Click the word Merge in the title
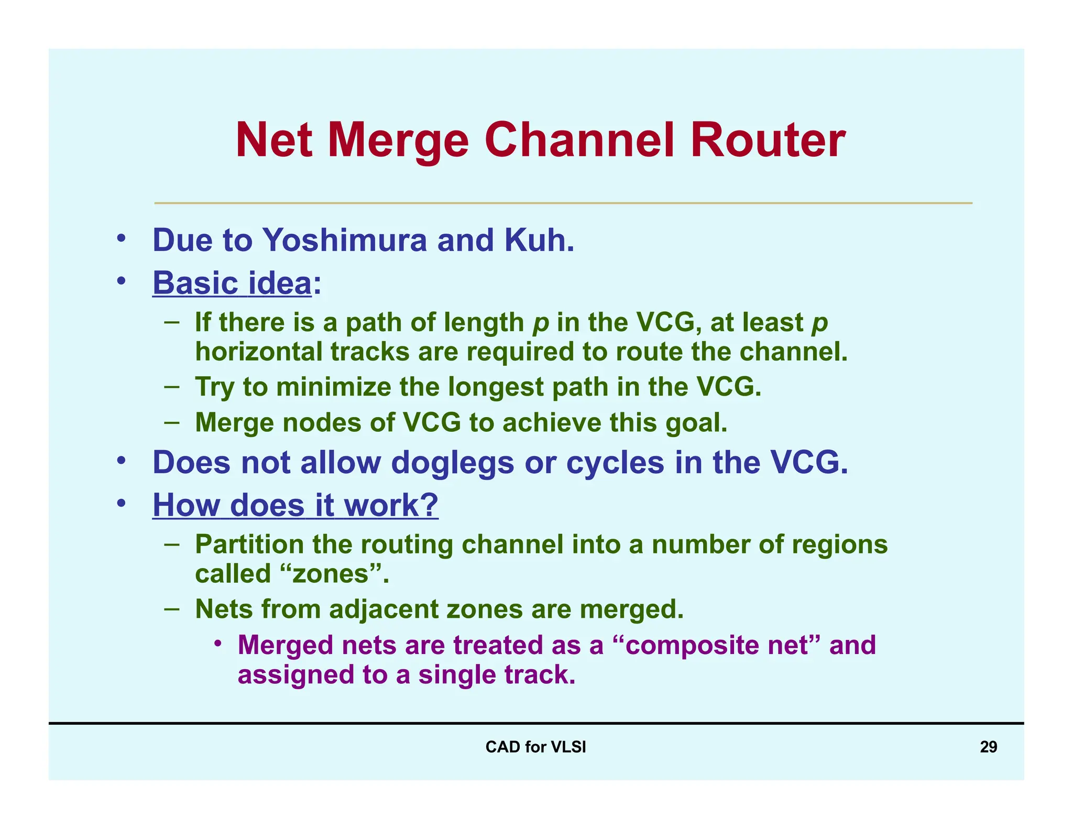pyautogui.click(x=398, y=140)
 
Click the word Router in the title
pyautogui.click(x=768, y=140)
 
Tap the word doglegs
pyautogui.click(x=452, y=463)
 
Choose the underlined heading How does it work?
pyautogui.click(x=295, y=505)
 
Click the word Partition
pyautogui.click(x=249, y=544)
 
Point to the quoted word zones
pyautogui.click(x=331, y=574)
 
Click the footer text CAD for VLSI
pyautogui.click(x=535, y=747)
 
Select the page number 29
pyautogui.click(x=988, y=747)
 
